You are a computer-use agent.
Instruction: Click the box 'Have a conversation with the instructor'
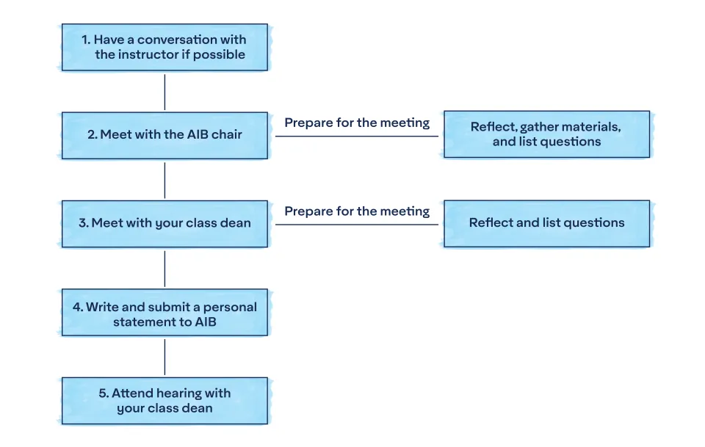164,47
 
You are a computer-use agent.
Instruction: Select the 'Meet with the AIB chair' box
164,135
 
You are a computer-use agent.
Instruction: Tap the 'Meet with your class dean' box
164,223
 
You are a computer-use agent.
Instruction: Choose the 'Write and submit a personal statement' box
164,313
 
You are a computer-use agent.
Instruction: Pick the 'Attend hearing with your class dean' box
164,401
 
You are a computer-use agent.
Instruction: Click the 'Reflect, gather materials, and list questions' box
546,134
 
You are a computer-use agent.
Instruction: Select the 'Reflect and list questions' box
546,223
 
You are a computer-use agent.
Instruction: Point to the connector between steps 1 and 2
164,92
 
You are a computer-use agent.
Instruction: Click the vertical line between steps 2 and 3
164,180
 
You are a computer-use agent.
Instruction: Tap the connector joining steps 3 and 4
164,269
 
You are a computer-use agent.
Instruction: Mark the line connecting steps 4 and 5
164,357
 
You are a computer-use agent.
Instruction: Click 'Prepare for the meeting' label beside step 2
357,123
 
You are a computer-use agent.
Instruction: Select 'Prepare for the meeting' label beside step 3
357,211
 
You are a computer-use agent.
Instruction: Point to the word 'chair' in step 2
226,134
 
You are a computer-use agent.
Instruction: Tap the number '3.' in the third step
84,223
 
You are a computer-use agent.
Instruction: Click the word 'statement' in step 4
146,321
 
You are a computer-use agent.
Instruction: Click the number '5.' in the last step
104,393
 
